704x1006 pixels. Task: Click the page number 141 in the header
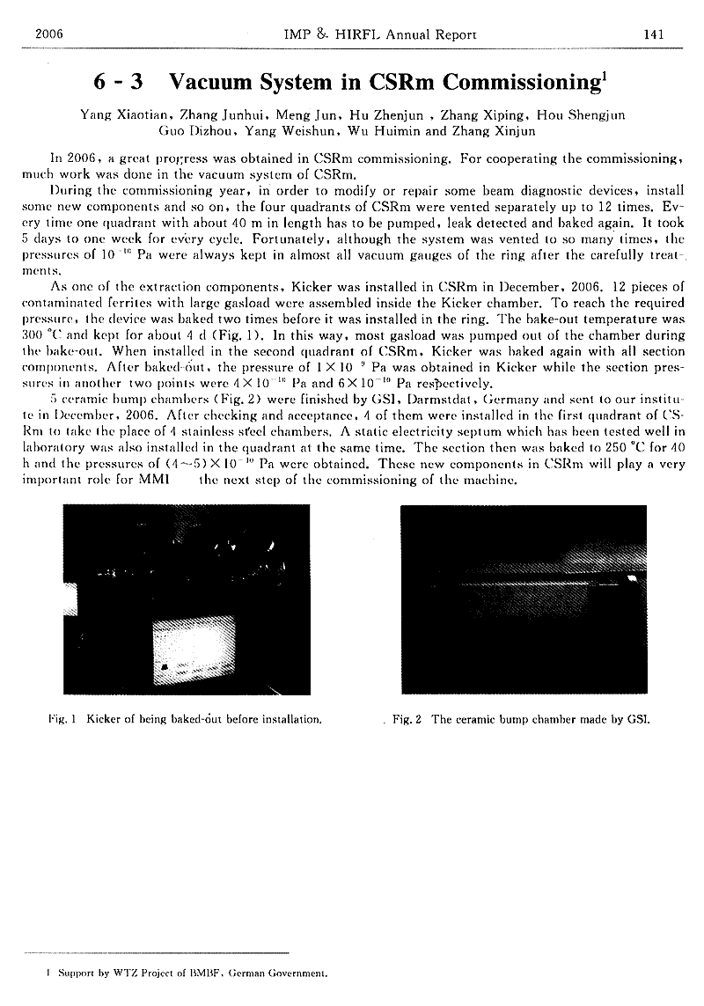click(652, 34)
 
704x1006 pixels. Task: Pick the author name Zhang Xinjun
click(504, 131)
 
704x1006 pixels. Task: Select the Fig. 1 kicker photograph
click(187, 598)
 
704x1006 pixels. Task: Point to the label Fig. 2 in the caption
click(407, 719)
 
